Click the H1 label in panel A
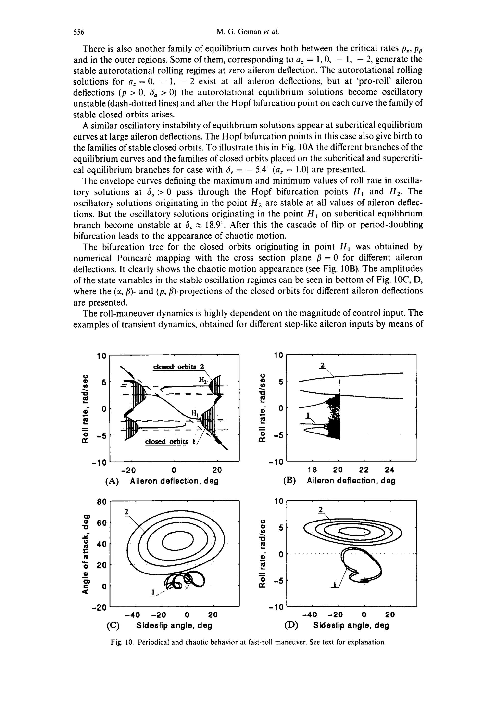pos(195,413)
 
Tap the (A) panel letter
pos(112,481)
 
